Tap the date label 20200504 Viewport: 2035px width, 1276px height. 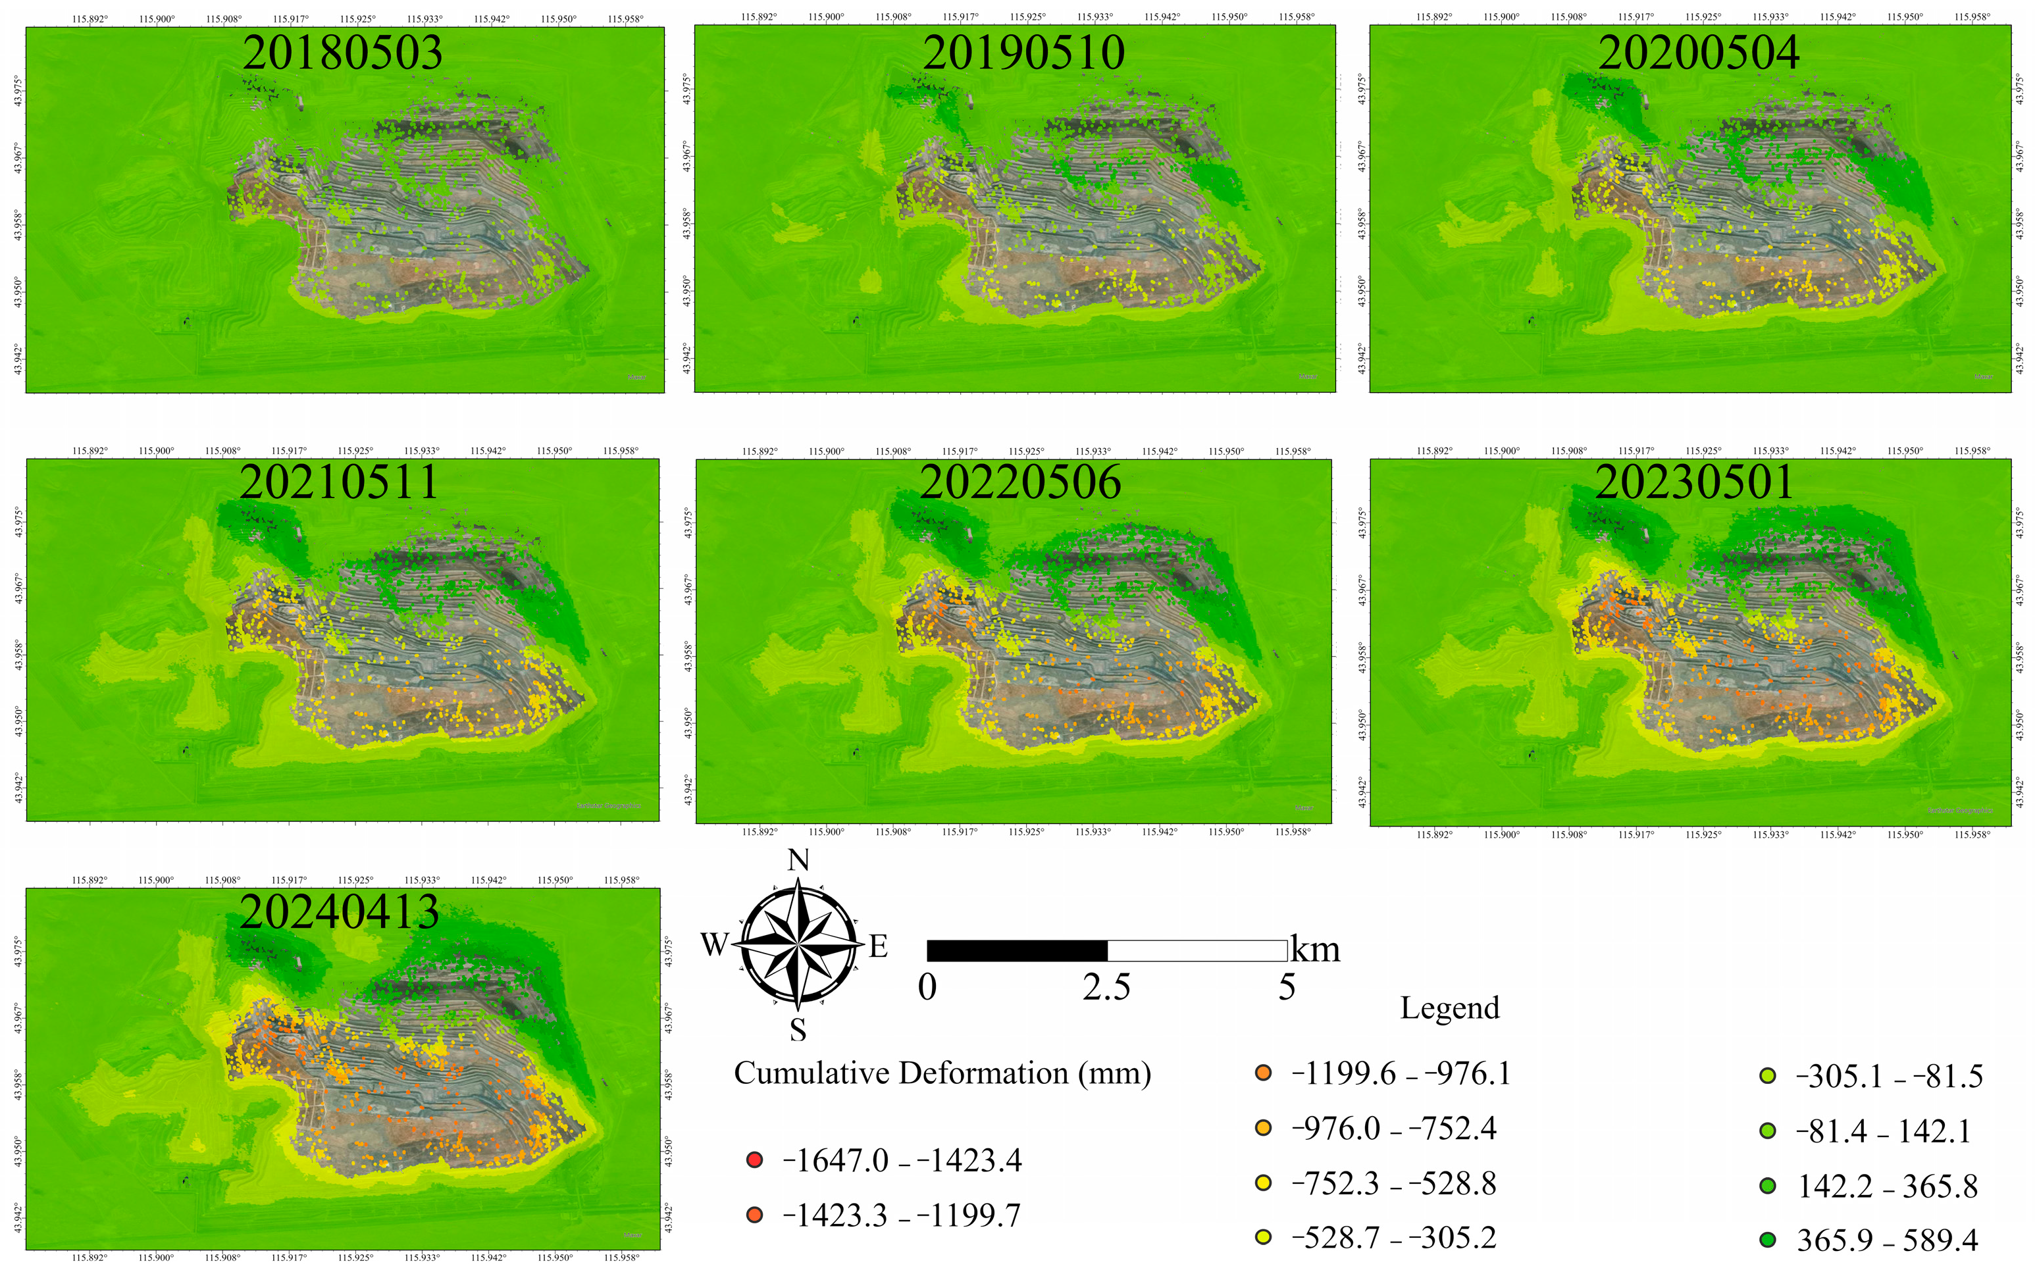(x=1698, y=53)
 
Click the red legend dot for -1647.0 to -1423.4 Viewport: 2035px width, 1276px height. (x=755, y=1160)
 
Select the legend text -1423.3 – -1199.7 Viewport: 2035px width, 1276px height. (x=902, y=1215)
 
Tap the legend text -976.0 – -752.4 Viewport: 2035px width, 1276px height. (x=1393, y=1129)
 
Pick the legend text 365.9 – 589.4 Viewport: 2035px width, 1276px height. (x=1888, y=1240)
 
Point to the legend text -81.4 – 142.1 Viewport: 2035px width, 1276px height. (x=1882, y=1131)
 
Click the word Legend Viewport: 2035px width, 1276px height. (x=1449, y=1008)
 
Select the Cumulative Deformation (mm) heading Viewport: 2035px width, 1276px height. (x=942, y=1073)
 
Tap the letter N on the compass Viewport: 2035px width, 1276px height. (x=798, y=860)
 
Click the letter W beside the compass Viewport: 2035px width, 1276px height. (x=714, y=944)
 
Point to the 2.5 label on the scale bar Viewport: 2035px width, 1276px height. (x=1106, y=986)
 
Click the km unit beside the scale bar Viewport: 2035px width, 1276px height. (x=1315, y=950)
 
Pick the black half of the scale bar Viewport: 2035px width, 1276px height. (x=1016, y=950)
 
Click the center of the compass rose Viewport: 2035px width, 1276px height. (x=798, y=944)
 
